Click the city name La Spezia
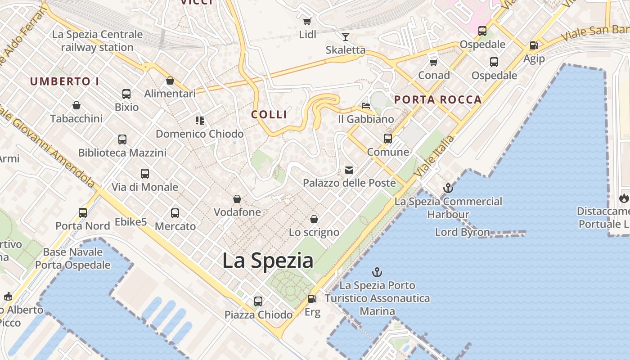[268, 261]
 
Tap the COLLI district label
[269, 114]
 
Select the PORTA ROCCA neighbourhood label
[438, 100]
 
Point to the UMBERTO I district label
[65, 81]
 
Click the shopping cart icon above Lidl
[307, 22]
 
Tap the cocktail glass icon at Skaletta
[346, 37]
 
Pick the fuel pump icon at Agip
[534, 45]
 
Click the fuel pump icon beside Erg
[312, 299]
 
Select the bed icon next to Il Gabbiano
[366, 106]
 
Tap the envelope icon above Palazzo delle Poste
[349, 170]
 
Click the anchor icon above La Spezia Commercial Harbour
[448, 188]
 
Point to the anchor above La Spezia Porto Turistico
[377, 272]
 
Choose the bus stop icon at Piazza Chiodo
[258, 301]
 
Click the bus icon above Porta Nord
[83, 212]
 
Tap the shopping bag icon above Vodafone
[237, 199]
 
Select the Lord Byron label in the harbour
[463, 232]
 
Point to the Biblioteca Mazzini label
[122, 153]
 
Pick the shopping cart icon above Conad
[434, 62]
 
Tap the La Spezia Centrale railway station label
[97, 40]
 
